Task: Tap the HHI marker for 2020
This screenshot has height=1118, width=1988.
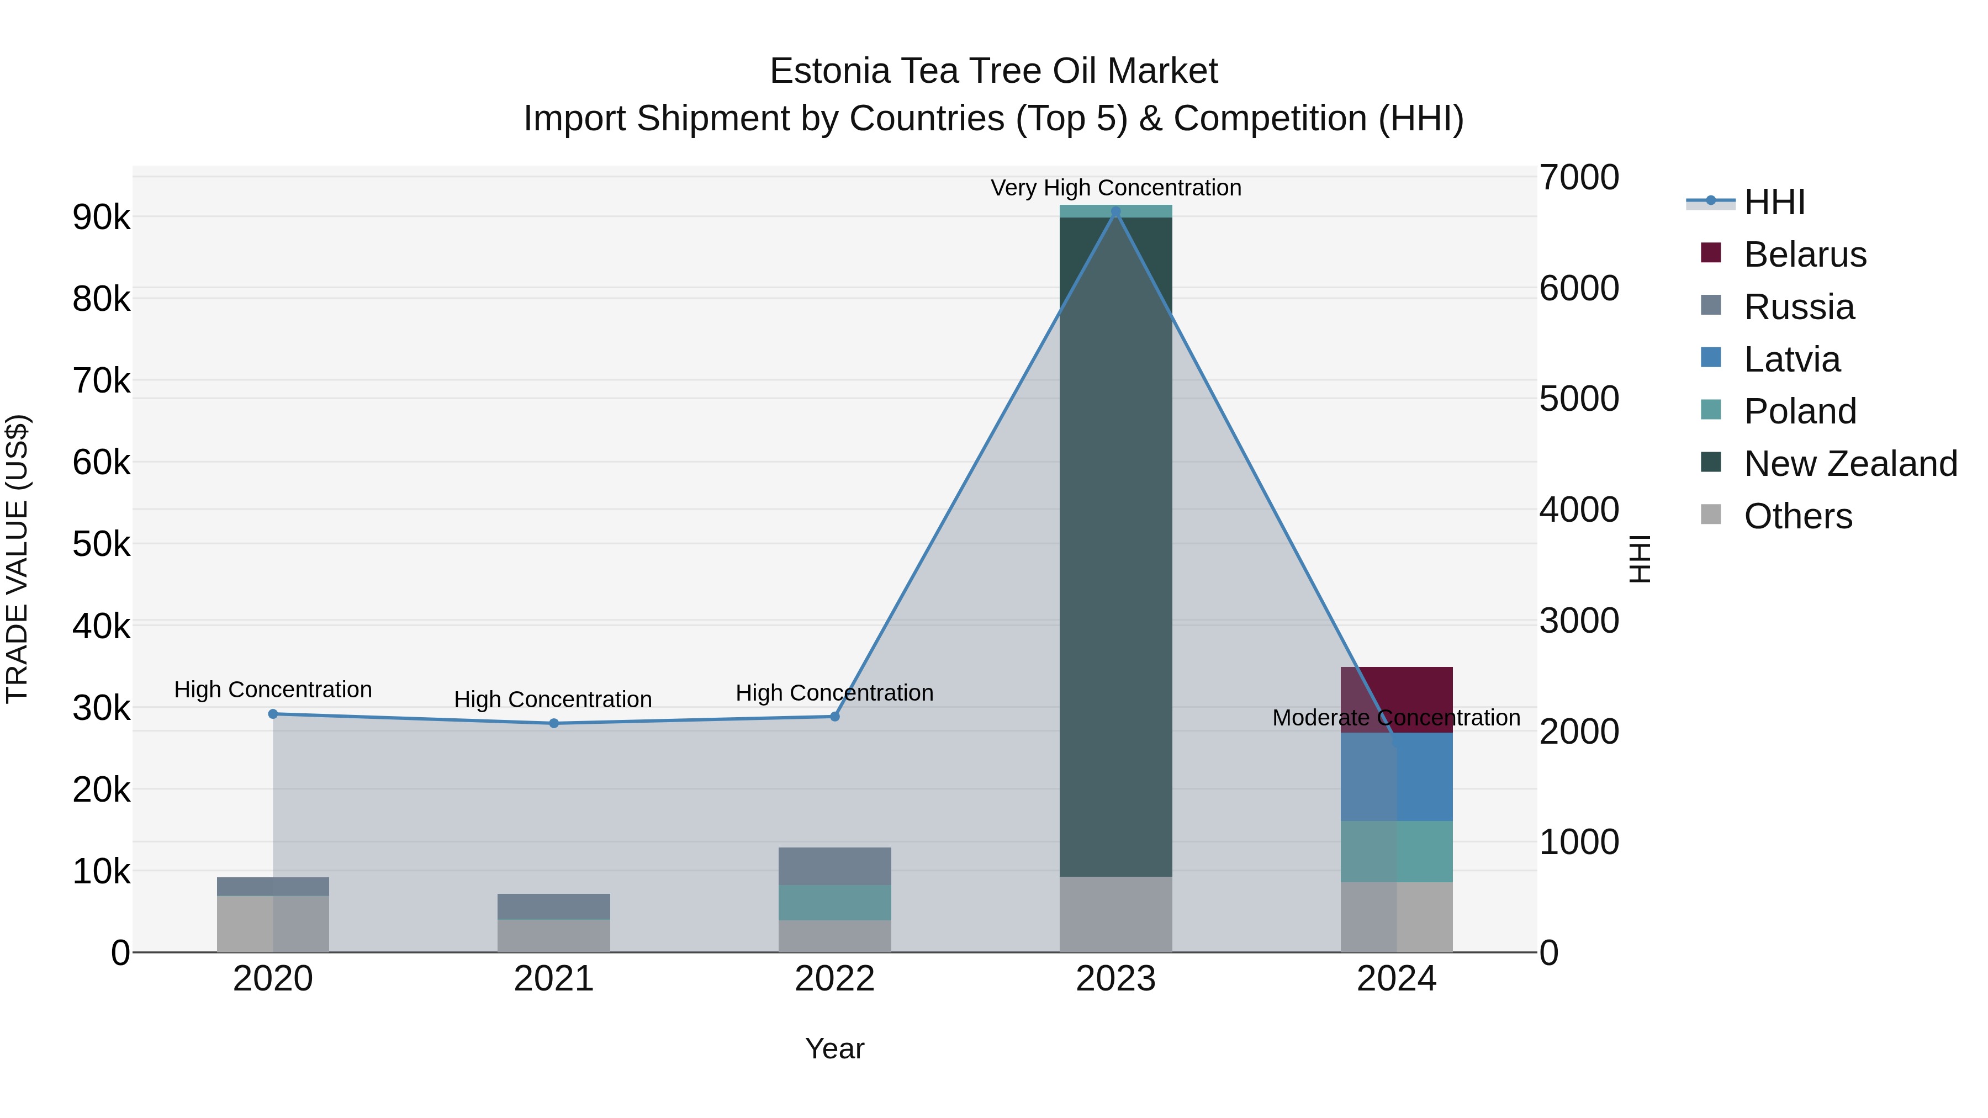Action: click(273, 714)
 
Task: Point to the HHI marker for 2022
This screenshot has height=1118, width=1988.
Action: click(834, 716)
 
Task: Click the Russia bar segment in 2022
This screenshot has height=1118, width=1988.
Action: click(834, 866)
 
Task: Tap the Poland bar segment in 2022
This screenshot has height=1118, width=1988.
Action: click(834, 902)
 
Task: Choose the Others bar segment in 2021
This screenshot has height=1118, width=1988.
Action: click(553, 935)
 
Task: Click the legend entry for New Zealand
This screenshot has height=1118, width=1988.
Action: click(1850, 464)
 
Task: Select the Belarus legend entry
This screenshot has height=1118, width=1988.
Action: click(1804, 255)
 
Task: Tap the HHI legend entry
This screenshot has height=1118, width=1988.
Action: click(1773, 202)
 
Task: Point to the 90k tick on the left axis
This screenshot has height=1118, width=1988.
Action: click(101, 218)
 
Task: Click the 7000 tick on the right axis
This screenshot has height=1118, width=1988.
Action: click(1579, 177)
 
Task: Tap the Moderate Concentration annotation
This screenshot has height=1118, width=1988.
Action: click(1395, 718)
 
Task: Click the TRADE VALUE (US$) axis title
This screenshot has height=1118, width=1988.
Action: click(17, 559)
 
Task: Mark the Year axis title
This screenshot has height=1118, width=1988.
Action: click(834, 1048)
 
